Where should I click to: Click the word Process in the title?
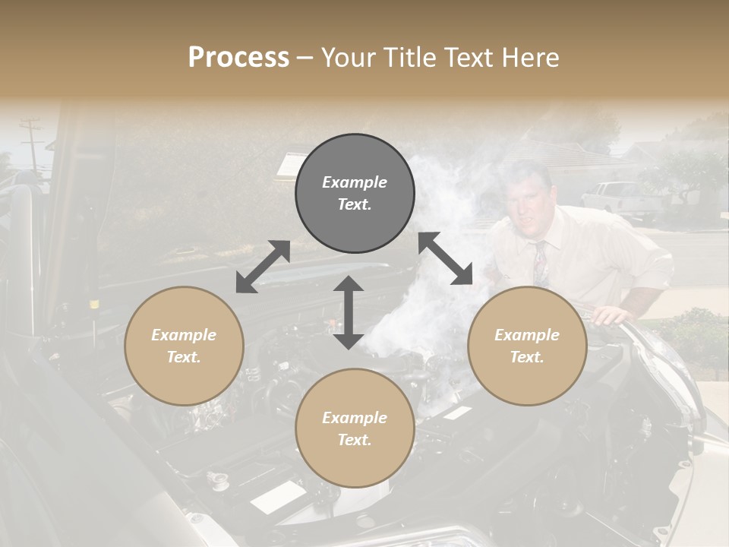[238, 58]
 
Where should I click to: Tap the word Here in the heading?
[529, 58]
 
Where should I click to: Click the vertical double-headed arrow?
[349, 312]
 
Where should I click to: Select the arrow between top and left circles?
[263, 267]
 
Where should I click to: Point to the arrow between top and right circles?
[445, 258]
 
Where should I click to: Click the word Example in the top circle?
[355, 182]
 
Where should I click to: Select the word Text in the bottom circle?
[355, 440]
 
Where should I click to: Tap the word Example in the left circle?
[184, 335]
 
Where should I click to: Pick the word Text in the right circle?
[526, 357]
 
